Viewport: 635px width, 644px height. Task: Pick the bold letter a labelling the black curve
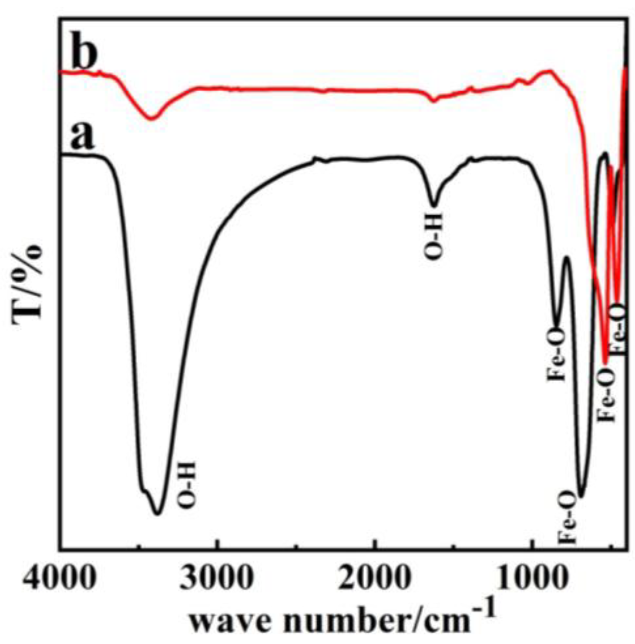coord(82,135)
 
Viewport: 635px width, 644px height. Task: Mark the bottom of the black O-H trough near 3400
coord(158,513)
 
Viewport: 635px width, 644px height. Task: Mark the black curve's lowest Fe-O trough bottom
coord(581,496)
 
